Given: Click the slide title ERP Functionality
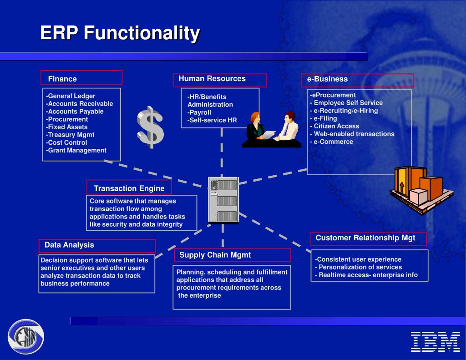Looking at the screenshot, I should pos(120,33).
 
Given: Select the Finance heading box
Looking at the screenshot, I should pos(81,78).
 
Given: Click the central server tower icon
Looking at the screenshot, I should pos(223,200).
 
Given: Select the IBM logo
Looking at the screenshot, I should pos(435,341).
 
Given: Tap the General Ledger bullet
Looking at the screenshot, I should pos(71,96).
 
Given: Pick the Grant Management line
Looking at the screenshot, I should pos(76,150).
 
